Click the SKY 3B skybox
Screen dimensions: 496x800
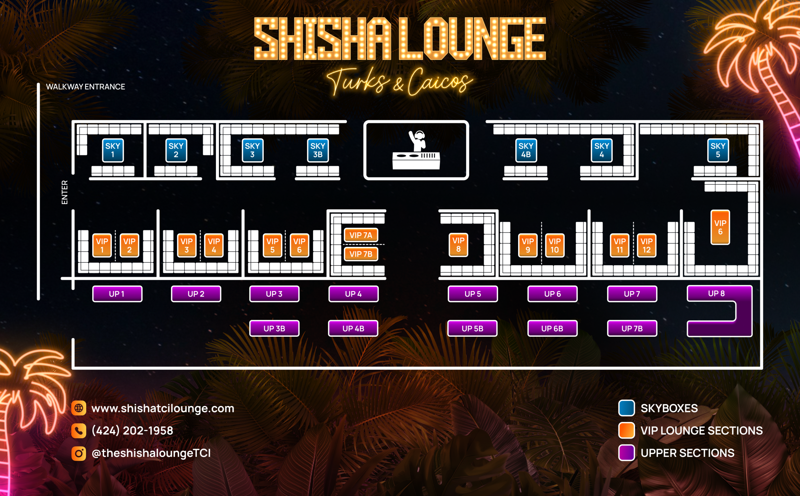point(317,151)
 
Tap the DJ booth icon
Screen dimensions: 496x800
point(416,151)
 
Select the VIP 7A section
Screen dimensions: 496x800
point(361,235)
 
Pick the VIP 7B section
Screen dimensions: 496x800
point(361,254)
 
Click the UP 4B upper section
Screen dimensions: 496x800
point(353,328)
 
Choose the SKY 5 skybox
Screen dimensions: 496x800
point(717,151)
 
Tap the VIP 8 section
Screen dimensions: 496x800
point(458,245)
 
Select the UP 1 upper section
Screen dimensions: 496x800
point(117,294)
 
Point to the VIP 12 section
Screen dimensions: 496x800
point(646,246)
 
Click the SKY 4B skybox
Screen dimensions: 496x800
point(526,151)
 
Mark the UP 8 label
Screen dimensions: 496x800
point(716,293)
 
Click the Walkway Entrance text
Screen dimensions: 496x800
point(85,87)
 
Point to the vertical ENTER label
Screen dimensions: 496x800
point(65,192)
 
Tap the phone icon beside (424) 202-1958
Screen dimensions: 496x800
point(79,431)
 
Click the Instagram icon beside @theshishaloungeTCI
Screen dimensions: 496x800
point(79,453)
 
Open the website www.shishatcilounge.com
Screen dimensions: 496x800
point(162,409)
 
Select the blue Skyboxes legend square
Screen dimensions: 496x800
point(626,408)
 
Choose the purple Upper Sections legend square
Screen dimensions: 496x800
point(626,453)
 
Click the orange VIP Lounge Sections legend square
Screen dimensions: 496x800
point(626,431)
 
